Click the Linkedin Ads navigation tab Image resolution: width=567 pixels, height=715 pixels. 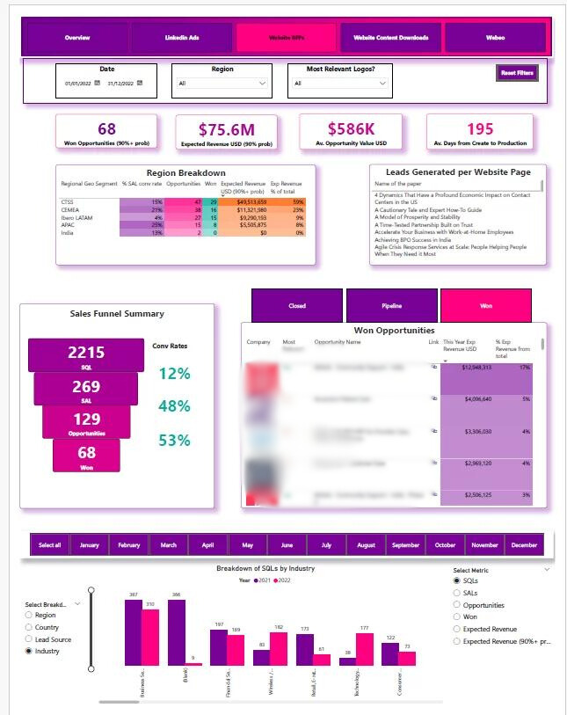coord(182,38)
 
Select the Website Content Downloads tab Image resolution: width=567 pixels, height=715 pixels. coord(390,38)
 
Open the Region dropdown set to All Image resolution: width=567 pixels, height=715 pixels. coord(221,84)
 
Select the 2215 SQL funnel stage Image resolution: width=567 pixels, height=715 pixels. coord(86,354)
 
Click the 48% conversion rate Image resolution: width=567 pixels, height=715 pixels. coord(174,406)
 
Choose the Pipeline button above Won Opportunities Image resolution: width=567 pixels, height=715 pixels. coord(391,305)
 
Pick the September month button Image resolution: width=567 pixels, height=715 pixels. coord(405,545)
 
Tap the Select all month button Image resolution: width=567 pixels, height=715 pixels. coord(50,545)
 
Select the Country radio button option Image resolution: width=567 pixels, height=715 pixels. coord(30,627)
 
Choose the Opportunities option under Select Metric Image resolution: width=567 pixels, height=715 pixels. coord(456,605)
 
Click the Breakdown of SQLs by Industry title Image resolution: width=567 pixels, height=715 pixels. coord(265,568)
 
